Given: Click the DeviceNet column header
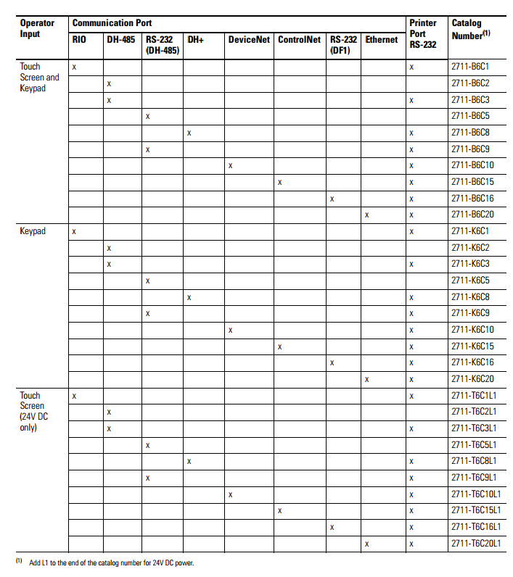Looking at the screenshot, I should pyautogui.click(x=249, y=39).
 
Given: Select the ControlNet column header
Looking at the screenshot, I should pyautogui.click(x=299, y=39).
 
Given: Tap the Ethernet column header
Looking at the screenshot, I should pyautogui.click(x=382, y=39).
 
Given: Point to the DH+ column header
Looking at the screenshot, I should pyautogui.click(x=195, y=39).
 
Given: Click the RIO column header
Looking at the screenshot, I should pyautogui.click(x=79, y=39).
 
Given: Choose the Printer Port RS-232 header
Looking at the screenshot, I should pyautogui.click(x=423, y=33).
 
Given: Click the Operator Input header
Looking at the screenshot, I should pyautogui.click(x=37, y=28).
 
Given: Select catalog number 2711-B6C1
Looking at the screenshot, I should pyautogui.click(x=470, y=67).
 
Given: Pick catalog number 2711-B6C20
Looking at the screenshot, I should pyautogui.click(x=472, y=215).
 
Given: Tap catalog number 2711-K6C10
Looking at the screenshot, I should pyautogui.click(x=472, y=330).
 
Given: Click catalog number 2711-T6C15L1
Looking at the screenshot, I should pyautogui.click(x=476, y=510).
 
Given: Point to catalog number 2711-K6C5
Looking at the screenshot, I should pyautogui.click(x=470, y=281).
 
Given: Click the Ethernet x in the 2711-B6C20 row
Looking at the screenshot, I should pyautogui.click(x=367, y=215).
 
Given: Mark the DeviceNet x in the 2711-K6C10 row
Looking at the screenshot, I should pyautogui.click(x=230, y=331).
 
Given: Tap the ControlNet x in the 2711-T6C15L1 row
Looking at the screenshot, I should pyautogui.click(x=279, y=511).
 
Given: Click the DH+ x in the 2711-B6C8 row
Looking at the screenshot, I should pyautogui.click(x=189, y=133).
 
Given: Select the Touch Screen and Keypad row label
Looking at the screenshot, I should pyautogui.click(x=39, y=77).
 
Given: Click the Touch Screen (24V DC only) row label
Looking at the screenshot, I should pyautogui.click(x=33, y=411).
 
